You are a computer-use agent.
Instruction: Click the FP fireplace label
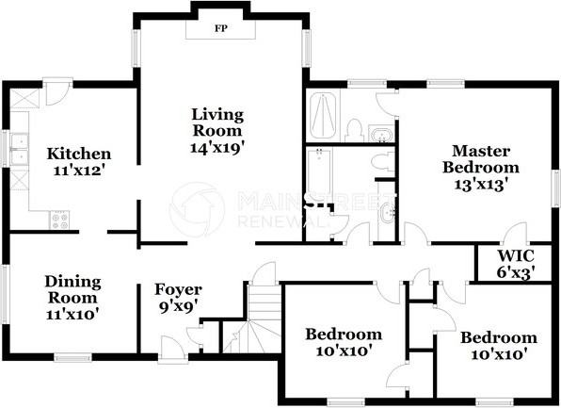[221, 28]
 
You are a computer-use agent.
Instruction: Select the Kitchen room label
[79, 154]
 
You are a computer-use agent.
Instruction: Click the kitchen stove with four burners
[59, 220]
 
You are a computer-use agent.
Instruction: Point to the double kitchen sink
[20, 149]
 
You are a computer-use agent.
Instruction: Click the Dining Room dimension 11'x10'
[72, 314]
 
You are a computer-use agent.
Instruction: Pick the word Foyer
[178, 290]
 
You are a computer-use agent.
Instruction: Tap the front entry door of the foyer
[172, 347]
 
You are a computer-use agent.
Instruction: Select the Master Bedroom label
[480, 159]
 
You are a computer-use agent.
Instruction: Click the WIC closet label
[516, 255]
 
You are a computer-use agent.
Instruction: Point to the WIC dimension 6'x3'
[516, 272]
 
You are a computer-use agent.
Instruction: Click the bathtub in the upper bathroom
[323, 116]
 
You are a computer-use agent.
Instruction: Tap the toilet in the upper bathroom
[354, 130]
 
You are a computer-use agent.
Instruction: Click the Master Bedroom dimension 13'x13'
[482, 185]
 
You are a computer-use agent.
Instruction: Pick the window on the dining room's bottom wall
[73, 357]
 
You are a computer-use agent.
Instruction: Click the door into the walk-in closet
[515, 234]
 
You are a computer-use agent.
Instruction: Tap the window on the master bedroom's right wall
[555, 188]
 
